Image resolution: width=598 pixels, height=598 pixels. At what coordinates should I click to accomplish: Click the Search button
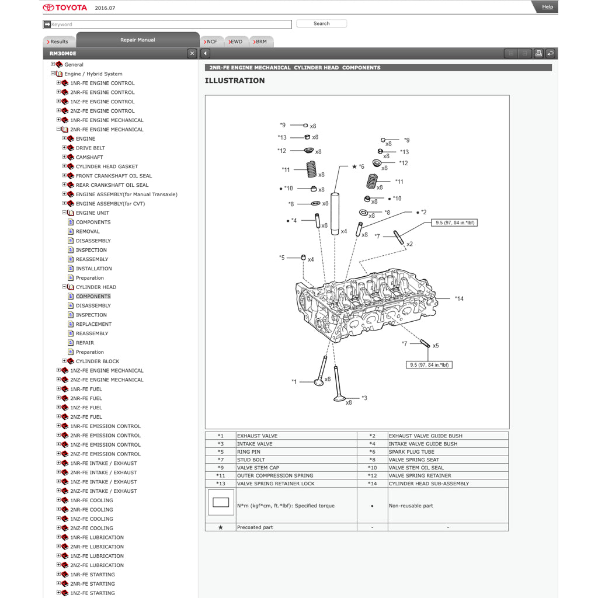pyautogui.click(x=321, y=24)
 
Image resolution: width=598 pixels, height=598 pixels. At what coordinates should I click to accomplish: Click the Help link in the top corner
pyautogui.click(x=547, y=7)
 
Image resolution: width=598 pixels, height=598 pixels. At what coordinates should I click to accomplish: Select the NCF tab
pyautogui.click(x=210, y=42)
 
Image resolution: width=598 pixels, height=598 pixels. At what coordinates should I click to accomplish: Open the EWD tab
pyautogui.click(x=235, y=42)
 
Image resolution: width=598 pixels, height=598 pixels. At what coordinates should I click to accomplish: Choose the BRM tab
pyautogui.click(x=260, y=42)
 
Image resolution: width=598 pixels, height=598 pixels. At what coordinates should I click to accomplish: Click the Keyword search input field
pyautogui.click(x=169, y=25)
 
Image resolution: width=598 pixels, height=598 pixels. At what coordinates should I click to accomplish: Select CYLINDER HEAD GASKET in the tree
pyautogui.click(x=106, y=166)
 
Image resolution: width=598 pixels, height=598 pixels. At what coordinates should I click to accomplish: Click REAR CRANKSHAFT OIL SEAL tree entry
pyautogui.click(x=112, y=185)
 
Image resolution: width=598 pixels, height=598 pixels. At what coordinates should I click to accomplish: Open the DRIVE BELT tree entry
pyautogui.click(x=90, y=148)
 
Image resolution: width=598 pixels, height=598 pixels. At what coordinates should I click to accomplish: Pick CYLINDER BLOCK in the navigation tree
pyautogui.click(x=97, y=361)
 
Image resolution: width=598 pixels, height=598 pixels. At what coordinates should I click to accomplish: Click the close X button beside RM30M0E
pyautogui.click(x=192, y=54)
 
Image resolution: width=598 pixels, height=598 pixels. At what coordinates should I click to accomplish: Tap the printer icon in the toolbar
pyautogui.click(x=538, y=54)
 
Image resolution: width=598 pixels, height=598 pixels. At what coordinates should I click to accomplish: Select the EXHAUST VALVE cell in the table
pyautogui.click(x=257, y=436)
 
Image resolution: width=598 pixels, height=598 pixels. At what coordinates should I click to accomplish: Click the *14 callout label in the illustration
pyautogui.click(x=459, y=299)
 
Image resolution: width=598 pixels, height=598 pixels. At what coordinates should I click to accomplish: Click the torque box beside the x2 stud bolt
pyautogui.click(x=455, y=223)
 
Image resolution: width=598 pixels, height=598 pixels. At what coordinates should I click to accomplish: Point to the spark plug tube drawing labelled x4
pyautogui.click(x=335, y=213)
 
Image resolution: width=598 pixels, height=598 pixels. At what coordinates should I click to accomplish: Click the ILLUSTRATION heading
pyautogui.click(x=234, y=81)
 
